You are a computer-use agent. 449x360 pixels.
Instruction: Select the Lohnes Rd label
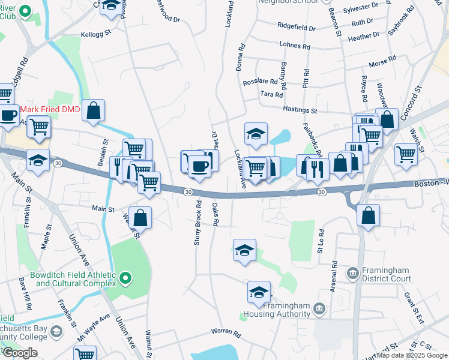(295, 46)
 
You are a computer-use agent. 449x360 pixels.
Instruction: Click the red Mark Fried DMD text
(50, 110)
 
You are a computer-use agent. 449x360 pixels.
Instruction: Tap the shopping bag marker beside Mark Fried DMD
(93, 110)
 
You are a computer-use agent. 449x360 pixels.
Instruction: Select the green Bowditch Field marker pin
(125, 278)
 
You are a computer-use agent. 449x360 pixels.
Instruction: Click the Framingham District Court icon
(353, 274)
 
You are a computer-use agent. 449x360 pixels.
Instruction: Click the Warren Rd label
(226, 332)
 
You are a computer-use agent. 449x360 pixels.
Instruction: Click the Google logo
(20, 353)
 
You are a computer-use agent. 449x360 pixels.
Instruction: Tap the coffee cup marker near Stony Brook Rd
(199, 166)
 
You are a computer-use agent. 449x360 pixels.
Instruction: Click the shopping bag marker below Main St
(140, 218)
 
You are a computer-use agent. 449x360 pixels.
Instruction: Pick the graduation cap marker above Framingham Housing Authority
(259, 293)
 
